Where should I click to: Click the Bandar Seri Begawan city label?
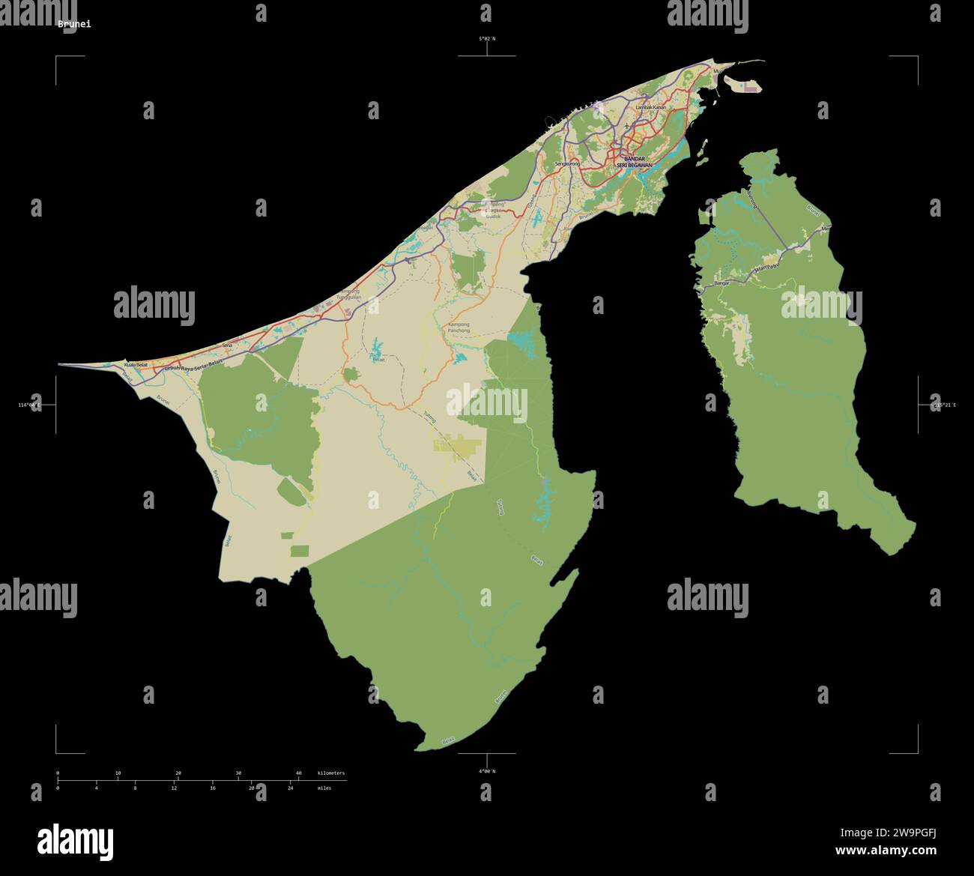pyautogui.click(x=634, y=162)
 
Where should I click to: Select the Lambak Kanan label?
pyautogui.click(x=650, y=108)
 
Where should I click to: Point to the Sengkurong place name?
pyautogui.click(x=567, y=163)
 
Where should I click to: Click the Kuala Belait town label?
pyautogui.click(x=136, y=364)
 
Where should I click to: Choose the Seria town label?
pyautogui.click(x=228, y=345)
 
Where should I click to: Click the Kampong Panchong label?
pyautogui.click(x=458, y=327)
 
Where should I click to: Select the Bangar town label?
pyautogui.click(x=722, y=284)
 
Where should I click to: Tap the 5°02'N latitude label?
pyautogui.click(x=488, y=38)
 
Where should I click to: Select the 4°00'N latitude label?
pyautogui.click(x=487, y=771)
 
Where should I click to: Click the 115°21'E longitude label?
pyautogui.click(x=944, y=405)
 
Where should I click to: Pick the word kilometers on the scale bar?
pyautogui.click(x=331, y=773)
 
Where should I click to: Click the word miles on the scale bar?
pyautogui.click(x=324, y=788)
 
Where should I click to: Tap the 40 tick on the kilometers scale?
pyautogui.click(x=298, y=773)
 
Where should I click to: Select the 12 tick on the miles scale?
pyautogui.click(x=174, y=788)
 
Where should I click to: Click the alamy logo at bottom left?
pyautogui.click(x=75, y=839)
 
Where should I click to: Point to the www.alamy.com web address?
pyautogui.click(x=886, y=851)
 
